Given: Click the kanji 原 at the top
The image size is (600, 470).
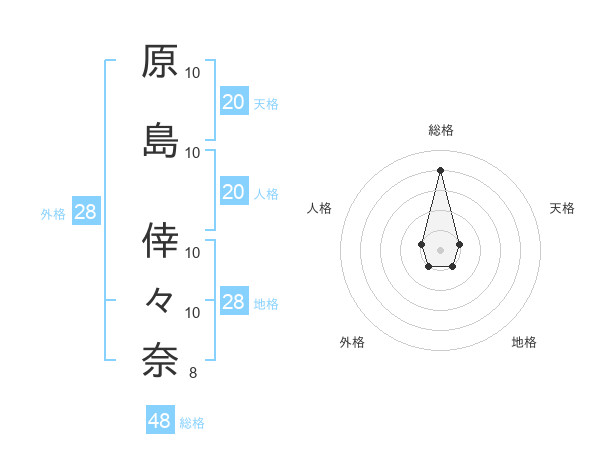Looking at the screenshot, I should point(160,62).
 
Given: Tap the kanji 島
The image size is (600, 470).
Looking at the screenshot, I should point(160,141).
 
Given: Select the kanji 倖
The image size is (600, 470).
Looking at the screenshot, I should point(160,239).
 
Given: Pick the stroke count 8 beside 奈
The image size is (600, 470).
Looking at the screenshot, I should point(192,374).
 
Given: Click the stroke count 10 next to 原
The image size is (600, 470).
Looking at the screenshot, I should point(193,73).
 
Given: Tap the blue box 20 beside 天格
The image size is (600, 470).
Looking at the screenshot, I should point(233,101).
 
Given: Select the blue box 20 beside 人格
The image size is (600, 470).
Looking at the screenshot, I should point(233,192).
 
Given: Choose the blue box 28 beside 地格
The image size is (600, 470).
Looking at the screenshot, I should point(233,302).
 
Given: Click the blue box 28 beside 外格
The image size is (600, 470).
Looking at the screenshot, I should point(85,212).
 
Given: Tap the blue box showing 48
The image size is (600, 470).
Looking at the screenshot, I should point(160,421).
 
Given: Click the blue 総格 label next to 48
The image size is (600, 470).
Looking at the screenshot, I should point(192,423).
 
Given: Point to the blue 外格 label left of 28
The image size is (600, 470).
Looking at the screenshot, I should point(53,213).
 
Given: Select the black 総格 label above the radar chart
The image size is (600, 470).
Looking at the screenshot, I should point(441,131).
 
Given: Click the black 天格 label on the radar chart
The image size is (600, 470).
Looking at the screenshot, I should point(563,208).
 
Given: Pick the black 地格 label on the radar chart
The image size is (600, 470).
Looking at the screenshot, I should point(524,342).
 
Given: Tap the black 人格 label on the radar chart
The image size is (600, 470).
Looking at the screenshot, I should point(319,208).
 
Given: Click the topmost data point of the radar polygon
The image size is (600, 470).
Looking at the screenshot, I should point(441,169).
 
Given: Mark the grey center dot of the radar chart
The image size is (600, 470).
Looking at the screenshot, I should point(441,248).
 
